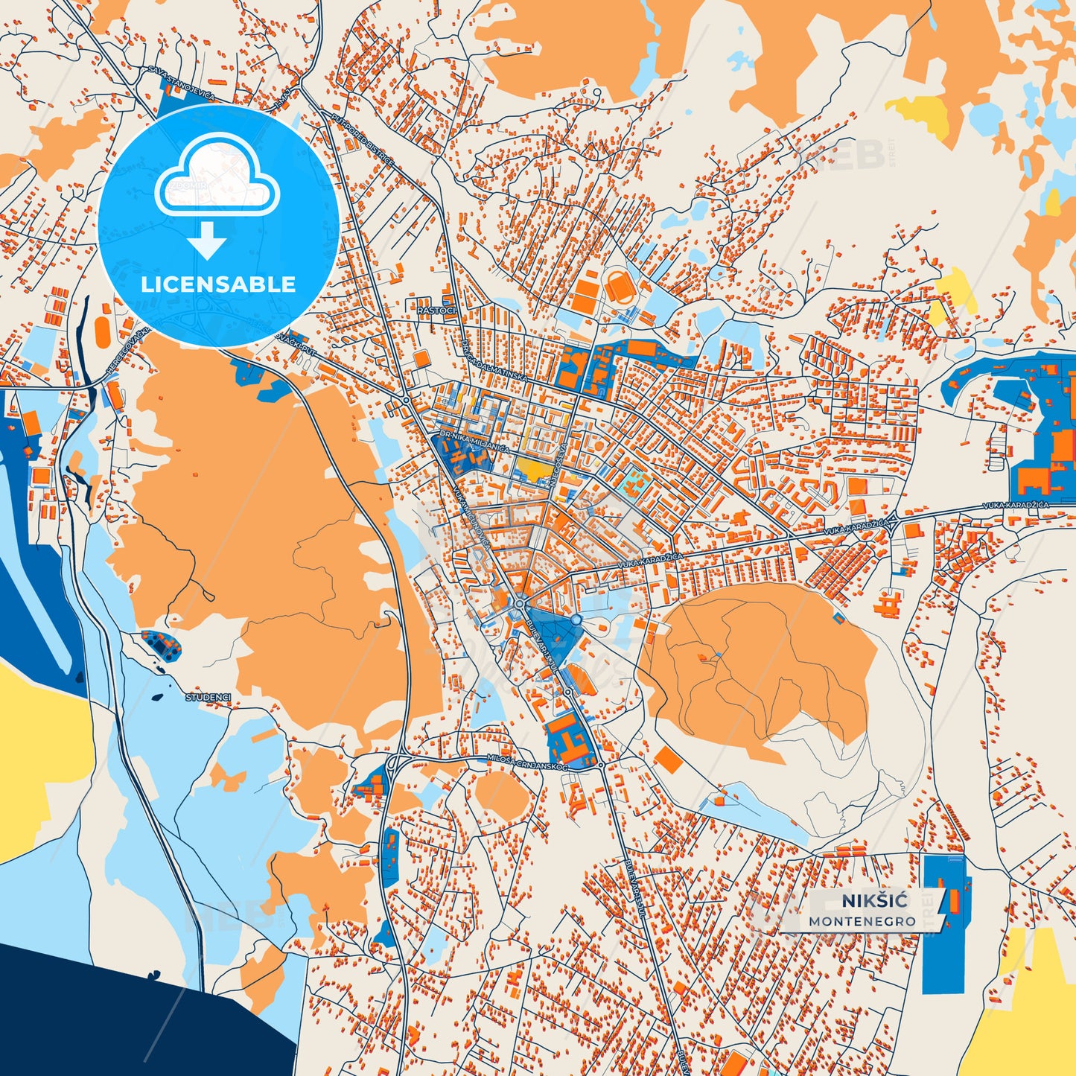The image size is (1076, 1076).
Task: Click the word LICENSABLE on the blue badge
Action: point(218,284)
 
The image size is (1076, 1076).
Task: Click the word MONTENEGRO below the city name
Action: point(862,921)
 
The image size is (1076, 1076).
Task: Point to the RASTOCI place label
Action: point(436,311)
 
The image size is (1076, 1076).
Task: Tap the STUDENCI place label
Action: point(208,698)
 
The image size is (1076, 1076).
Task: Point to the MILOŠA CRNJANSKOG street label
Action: point(526,762)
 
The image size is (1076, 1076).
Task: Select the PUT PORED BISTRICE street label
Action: point(362,141)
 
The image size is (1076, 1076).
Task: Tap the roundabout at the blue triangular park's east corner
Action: point(576,620)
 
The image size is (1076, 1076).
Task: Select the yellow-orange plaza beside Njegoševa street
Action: point(533,468)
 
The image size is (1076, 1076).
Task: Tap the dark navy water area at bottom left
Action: point(112,1013)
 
